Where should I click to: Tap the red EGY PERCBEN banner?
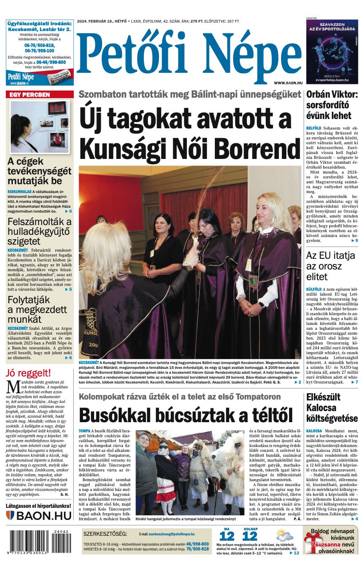point(40,95)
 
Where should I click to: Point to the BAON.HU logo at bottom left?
point(39,515)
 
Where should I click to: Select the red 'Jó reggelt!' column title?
point(28,373)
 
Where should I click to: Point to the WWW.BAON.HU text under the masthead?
point(288,83)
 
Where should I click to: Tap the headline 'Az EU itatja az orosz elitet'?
point(331,266)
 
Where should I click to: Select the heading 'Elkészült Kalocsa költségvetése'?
point(332,408)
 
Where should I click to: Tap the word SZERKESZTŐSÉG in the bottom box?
point(105,534)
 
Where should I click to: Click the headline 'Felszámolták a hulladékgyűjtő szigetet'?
point(40,231)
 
